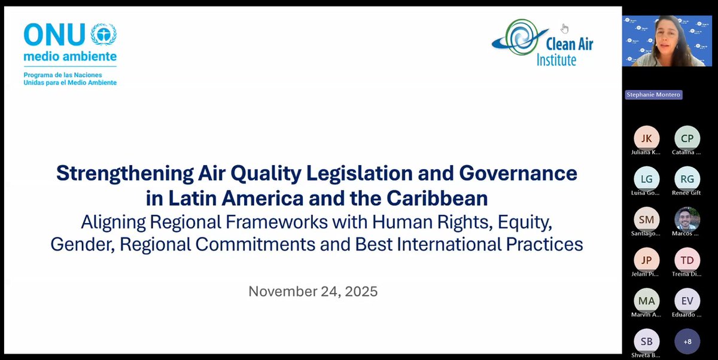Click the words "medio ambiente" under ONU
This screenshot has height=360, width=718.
tap(70, 57)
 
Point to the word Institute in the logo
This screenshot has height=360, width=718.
tap(556, 60)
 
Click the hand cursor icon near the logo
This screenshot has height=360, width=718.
tap(564, 28)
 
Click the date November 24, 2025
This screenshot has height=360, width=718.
tap(313, 291)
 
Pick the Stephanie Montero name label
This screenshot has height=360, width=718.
tap(653, 94)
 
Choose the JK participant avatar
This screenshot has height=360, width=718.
tap(646, 138)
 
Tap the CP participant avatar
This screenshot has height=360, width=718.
tap(687, 138)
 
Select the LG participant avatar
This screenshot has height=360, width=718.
tap(646, 178)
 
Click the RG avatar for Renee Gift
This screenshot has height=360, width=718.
tap(687, 178)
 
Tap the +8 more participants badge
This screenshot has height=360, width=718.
tap(687, 341)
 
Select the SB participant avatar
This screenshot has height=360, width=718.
tap(646, 341)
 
